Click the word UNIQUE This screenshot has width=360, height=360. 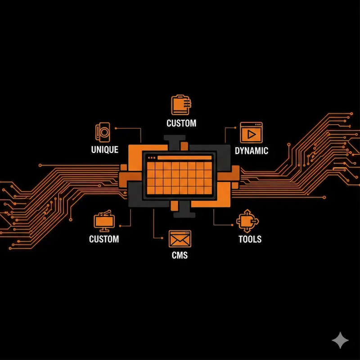[104, 150]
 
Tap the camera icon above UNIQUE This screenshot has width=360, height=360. [103, 132]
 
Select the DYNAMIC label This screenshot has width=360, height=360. [252, 151]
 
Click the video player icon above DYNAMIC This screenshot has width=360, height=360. [251, 133]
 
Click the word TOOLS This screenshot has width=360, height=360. [250, 238]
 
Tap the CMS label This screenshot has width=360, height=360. [180, 256]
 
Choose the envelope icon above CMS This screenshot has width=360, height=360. [180, 238]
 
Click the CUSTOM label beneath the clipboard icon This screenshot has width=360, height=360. [181, 123]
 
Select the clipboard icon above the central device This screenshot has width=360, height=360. [181, 105]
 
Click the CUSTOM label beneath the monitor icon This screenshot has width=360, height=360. [104, 238]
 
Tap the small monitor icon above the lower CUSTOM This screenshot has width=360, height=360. [104, 221]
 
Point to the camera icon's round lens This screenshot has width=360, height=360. [104, 132]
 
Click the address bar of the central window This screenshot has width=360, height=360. [185, 158]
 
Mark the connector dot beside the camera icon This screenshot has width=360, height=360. [117, 128]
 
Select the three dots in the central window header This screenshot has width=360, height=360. [151, 158]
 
